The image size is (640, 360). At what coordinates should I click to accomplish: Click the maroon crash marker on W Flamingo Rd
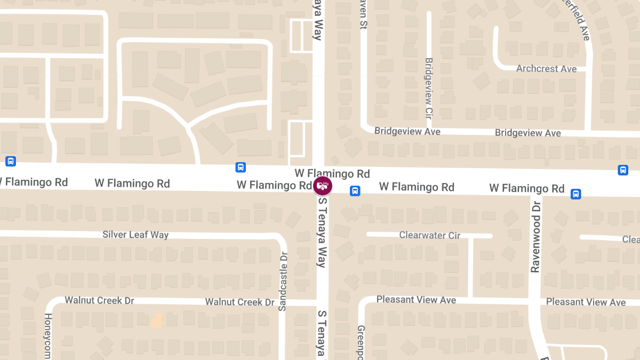click(323, 186)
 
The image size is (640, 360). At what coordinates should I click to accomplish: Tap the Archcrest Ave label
click(546, 69)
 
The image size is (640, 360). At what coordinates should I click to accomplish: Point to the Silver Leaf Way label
click(135, 235)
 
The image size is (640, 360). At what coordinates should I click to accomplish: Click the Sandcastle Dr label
click(283, 281)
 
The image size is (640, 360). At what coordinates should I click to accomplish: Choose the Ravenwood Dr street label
click(535, 237)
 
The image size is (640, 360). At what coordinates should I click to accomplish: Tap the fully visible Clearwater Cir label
click(429, 235)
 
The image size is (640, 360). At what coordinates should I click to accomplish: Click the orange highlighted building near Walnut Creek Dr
click(157, 320)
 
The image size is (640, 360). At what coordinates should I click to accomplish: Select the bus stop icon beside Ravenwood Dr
click(575, 194)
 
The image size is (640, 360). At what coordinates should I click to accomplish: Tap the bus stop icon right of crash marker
click(355, 191)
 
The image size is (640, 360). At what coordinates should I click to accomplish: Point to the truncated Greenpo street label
click(361, 342)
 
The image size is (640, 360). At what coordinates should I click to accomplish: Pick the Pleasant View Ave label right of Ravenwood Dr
click(586, 302)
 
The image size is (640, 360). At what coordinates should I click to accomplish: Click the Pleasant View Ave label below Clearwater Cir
click(416, 300)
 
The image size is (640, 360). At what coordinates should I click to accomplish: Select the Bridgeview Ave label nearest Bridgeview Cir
click(407, 131)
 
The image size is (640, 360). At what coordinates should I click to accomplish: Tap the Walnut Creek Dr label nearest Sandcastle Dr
click(239, 302)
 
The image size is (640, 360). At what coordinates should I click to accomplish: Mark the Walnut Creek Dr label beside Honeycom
click(99, 300)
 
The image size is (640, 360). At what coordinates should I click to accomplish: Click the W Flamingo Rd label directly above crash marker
click(332, 173)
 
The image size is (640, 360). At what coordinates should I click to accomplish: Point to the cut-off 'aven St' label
click(363, 14)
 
